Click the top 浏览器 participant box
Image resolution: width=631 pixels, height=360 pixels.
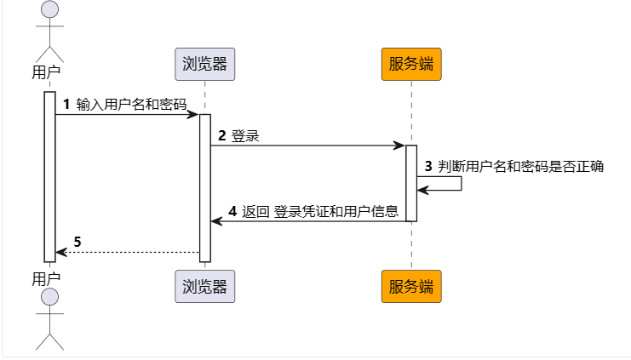pyautogui.click(x=204, y=65)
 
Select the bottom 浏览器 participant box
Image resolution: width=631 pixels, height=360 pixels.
pyautogui.click(x=204, y=286)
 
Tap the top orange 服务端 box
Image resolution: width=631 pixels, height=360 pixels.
pyautogui.click(x=411, y=65)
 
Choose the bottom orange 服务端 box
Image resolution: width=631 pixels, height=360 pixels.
pyautogui.click(x=411, y=286)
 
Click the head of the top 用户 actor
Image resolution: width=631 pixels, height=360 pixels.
pyautogui.click(x=50, y=9)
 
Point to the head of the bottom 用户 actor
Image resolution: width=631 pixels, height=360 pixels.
pyautogui.click(x=50, y=297)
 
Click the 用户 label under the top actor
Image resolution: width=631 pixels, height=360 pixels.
pyautogui.click(x=46, y=71)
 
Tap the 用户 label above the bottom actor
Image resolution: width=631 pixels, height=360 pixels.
pyautogui.click(x=46, y=278)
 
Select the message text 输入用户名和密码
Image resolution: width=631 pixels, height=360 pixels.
pyautogui.click(x=130, y=105)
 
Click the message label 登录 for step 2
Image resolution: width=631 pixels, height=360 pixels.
pyautogui.click(x=245, y=136)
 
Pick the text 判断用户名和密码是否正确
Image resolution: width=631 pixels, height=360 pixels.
pyautogui.click(x=520, y=167)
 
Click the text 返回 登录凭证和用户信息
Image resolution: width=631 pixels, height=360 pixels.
pyautogui.click(x=320, y=212)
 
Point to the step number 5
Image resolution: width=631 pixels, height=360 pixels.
pyautogui.click(x=77, y=242)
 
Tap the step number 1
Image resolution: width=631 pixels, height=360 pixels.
pyautogui.click(x=67, y=105)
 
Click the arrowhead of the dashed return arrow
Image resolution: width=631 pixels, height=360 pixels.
pyautogui.click(x=60, y=252)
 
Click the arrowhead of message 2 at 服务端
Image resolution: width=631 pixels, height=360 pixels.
pyautogui.click(x=399, y=146)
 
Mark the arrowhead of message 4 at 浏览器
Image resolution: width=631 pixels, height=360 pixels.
pyautogui.click(x=216, y=221)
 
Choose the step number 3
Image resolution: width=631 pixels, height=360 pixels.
pyautogui.click(x=428, y=167)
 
